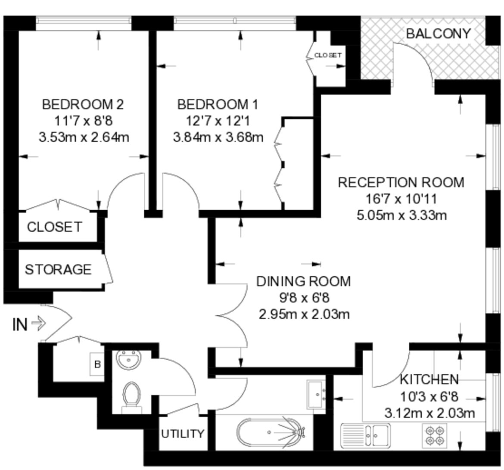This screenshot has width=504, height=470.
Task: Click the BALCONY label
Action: (x=439, y=34)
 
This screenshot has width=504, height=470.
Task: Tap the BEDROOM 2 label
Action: (x=83, y=105)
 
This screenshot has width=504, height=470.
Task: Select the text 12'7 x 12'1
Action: (x=218, y=121)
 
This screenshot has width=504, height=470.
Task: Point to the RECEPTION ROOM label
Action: (x=401, y=183)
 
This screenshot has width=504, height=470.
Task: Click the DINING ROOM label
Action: (x=303, y=281)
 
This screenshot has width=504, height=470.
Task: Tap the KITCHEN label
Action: (x=429, y=380)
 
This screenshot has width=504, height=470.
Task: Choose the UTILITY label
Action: (x=183, y=434)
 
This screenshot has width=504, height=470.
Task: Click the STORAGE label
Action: (x=58, y=269)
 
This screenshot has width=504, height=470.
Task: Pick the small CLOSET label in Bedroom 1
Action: (x=328, y=55)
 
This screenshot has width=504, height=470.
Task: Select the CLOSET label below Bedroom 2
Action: (x=54, y=227)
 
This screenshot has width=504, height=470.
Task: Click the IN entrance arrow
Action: (x=39, y=324)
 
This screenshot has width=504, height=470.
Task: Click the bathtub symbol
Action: (x=271, y=433)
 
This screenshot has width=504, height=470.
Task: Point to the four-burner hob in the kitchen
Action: (x=435, y=436)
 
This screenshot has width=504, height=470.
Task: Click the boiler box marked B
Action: (x=97, y=364)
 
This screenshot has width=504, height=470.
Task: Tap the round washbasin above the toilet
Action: (x=129, y=359)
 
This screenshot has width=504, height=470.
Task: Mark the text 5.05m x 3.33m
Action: (x=402, y=215)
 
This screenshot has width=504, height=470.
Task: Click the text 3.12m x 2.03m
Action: (x=430, y=413)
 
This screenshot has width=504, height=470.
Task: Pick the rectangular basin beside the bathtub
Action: (x=317, y=395)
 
